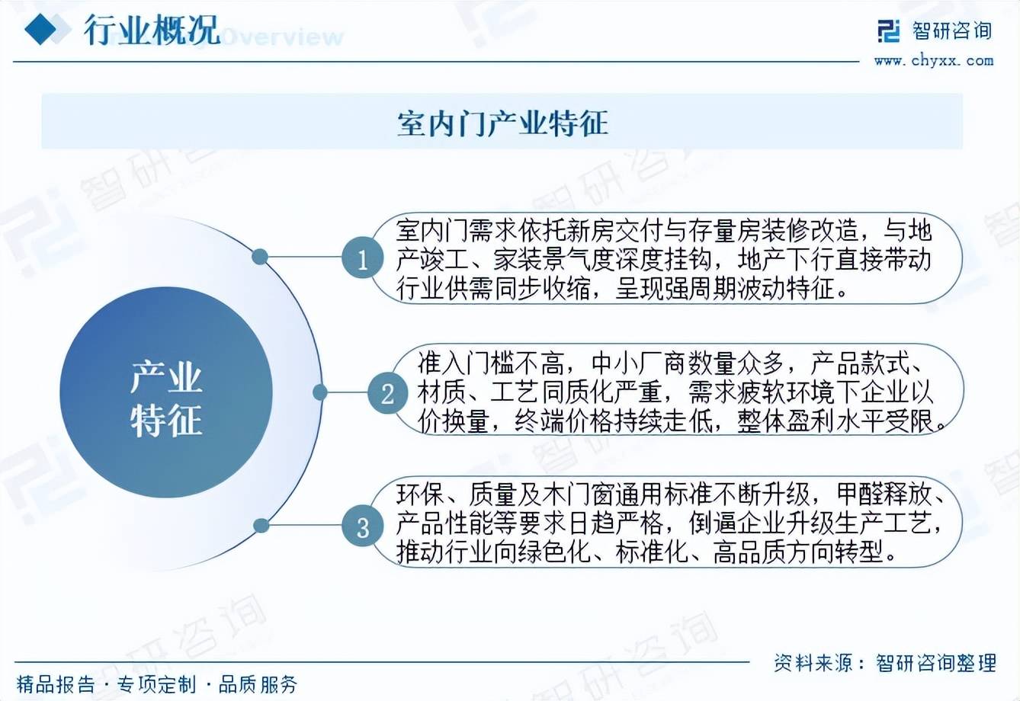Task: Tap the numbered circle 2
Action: coord(387,393)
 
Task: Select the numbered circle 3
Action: coord(362,527)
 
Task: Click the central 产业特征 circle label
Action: coord(166,399)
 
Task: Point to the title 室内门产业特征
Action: coord(502,123)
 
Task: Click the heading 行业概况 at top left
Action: coord(152,30)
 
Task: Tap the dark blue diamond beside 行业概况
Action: coord(40,29)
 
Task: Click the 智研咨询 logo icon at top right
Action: coord(888,31)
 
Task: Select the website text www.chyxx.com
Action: coord(934,60)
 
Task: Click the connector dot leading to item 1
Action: coord(259,257)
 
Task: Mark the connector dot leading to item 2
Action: coord(320,392)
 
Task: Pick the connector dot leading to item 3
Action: coord(261,526)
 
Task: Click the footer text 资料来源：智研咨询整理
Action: coord(885,663)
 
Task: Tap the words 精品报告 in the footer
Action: coord(56,684)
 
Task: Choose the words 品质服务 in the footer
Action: coord(258,684)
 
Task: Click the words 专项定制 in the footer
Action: coord(156,684)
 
